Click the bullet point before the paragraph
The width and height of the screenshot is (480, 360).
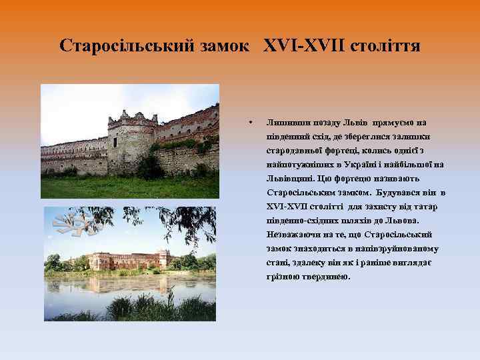[x=249, y=123]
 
